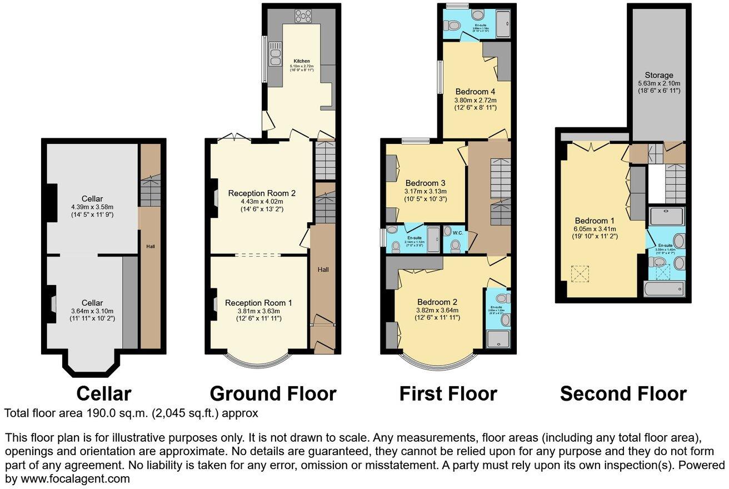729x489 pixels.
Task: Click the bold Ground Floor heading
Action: pos(273,393)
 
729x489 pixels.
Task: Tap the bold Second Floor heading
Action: pos(623,393)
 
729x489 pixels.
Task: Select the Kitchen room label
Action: pos(302,61)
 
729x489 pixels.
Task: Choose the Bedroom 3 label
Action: pos(426,183)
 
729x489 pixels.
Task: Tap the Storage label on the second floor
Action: pos(659,76)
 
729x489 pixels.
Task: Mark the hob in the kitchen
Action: pos(305,16)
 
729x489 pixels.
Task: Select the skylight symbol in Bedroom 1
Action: pos(579,274)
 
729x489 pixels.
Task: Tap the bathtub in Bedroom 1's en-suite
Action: pos(664,289)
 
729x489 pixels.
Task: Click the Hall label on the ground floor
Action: pos(323,270)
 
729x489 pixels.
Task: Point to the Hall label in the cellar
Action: pos(150,246)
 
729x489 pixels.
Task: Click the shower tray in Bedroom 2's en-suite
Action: pos(498,337)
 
